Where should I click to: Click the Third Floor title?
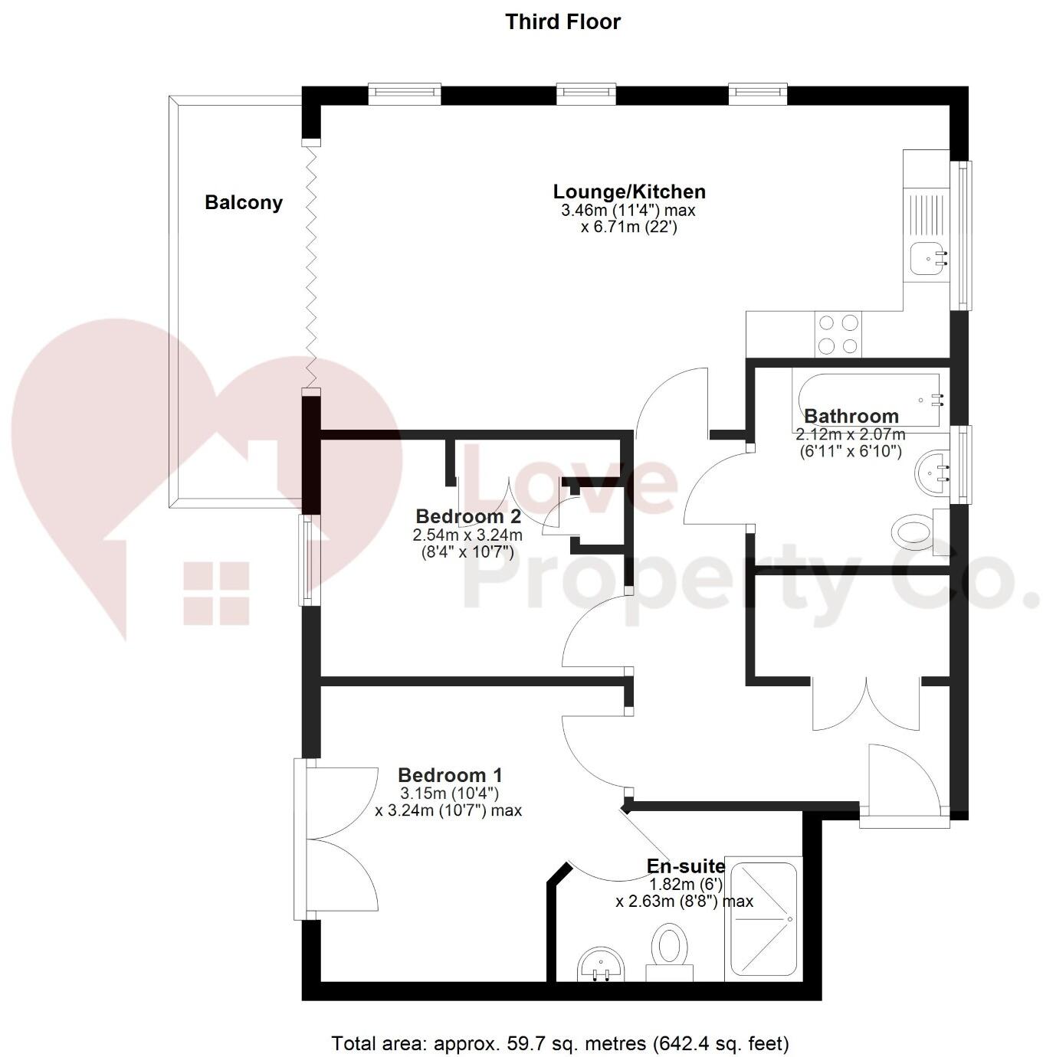[562, 21]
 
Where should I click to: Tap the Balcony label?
[244, 203]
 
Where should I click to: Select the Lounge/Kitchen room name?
[629, 191]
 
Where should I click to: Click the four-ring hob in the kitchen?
[838, 334]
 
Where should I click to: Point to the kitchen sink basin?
[927, 258]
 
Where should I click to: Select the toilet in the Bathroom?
[913, 532]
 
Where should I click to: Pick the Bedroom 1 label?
[450, 775]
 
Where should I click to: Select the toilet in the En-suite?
[669, 951]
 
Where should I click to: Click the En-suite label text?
[686, 866]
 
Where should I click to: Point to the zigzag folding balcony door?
[311, 267]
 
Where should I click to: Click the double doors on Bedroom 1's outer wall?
[337, 839]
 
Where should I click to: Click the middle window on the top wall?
[586, 93]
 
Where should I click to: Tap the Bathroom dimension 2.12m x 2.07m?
[851, 434]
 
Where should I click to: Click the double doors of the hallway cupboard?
[866, 703]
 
